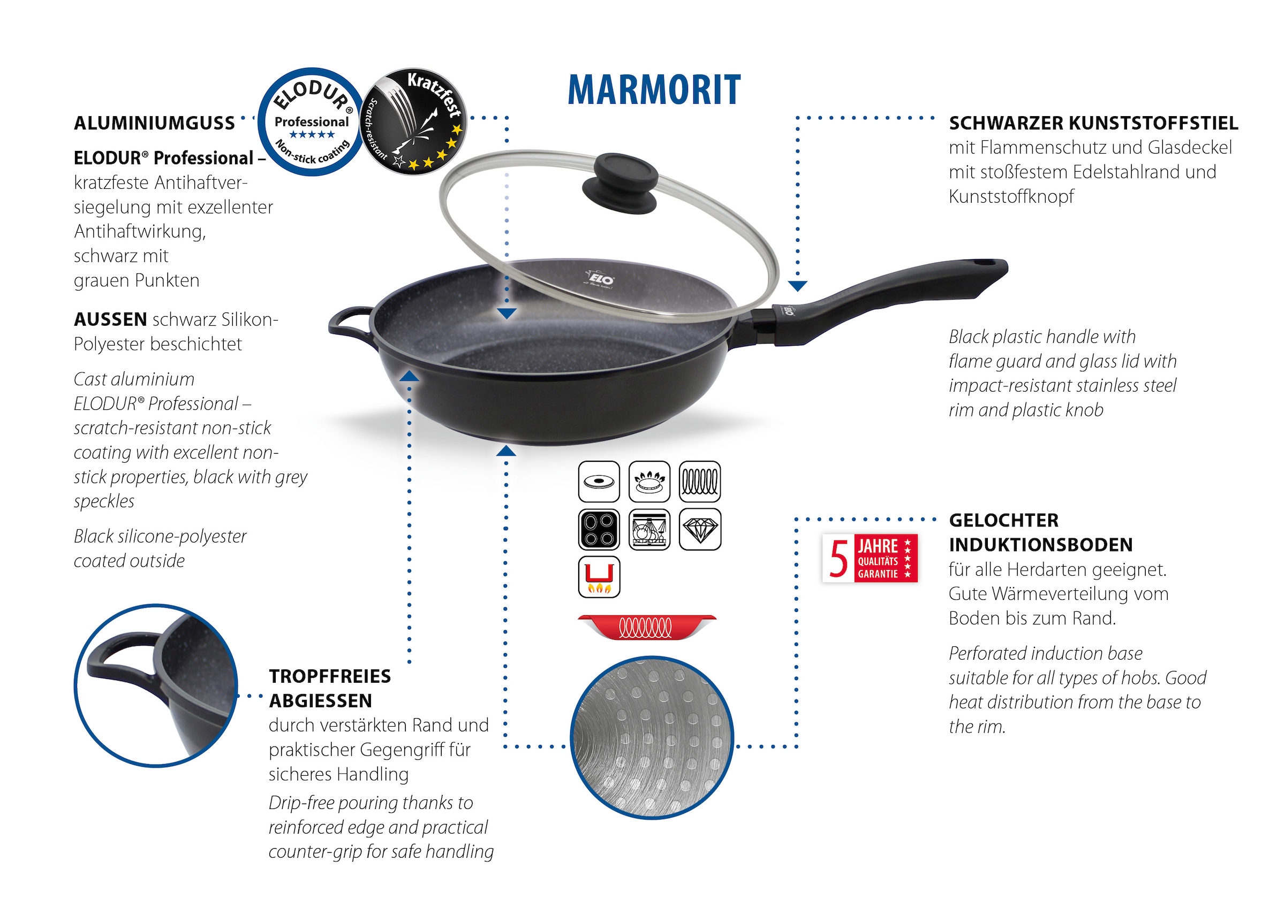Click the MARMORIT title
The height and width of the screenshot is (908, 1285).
tap(654, 90)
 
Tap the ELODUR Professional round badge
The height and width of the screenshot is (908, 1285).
tap(311, 122)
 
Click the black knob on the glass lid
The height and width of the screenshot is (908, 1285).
tap(620, 184)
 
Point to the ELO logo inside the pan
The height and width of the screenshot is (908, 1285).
tap(601, 278)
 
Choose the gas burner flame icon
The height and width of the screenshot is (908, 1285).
tap(649, 481)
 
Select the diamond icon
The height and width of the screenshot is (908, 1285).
tap(700, 529)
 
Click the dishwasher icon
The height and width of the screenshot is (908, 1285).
tap(649, 529)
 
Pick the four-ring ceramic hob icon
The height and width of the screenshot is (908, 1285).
tap(599, 529)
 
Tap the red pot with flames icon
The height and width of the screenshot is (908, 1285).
tap(599, 577)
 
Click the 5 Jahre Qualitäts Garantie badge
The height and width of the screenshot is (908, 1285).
tap(870, 558)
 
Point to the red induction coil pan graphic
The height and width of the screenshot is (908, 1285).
tap(646, 627)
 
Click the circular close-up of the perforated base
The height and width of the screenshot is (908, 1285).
tap(652, 737)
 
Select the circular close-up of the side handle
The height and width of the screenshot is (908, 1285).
tap(156, 685)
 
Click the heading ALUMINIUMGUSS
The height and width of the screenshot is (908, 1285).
tap(155, 123)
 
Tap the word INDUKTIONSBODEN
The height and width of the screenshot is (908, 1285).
tap(1041, 544)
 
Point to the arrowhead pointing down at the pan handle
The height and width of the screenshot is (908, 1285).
tap(798, 286)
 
